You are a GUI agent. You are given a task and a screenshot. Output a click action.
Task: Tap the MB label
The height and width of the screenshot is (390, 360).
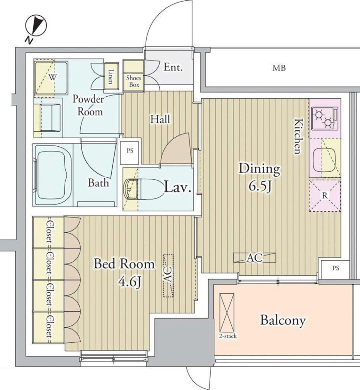[279, 68]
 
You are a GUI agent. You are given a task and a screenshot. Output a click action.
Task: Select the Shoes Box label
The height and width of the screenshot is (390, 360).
[134, 81]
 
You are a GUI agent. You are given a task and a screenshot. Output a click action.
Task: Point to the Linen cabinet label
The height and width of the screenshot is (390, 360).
[110, 76]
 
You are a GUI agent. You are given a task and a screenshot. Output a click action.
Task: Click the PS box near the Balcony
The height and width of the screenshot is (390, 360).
[335, 269]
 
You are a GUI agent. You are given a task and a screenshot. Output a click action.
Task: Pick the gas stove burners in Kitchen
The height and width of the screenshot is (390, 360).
[325, 118]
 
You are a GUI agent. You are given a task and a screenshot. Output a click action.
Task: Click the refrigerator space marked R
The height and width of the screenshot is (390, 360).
[325, 195]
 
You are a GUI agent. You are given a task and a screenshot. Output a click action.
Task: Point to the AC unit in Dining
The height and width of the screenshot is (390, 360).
[255, 258]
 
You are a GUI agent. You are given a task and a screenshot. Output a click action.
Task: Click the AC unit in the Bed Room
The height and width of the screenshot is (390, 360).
[168, 276]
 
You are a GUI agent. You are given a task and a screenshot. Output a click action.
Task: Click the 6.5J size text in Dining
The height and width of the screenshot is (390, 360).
[260, 186]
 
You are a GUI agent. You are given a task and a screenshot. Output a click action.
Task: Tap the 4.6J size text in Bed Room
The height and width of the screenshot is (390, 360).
[130, 282]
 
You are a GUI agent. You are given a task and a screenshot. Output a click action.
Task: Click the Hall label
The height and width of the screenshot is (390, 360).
[160, 119]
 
